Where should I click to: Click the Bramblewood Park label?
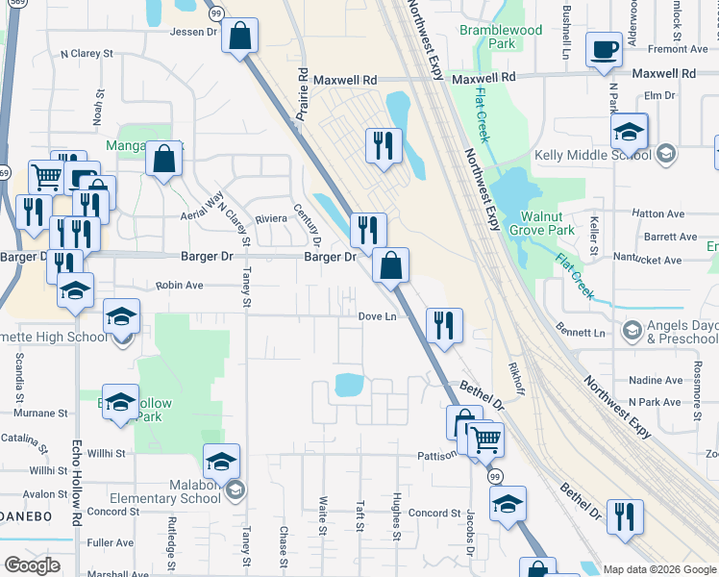tap(501, 37)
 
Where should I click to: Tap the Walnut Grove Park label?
tap(546, 223)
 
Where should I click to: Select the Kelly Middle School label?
tap(595, 155)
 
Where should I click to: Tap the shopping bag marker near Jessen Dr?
tap(239, 36)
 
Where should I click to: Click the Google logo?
tap(31, 564)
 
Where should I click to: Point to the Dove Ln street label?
tap(377, 316)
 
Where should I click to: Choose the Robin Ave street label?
tap(180, 286)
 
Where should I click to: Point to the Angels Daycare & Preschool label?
tap(682, 332)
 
